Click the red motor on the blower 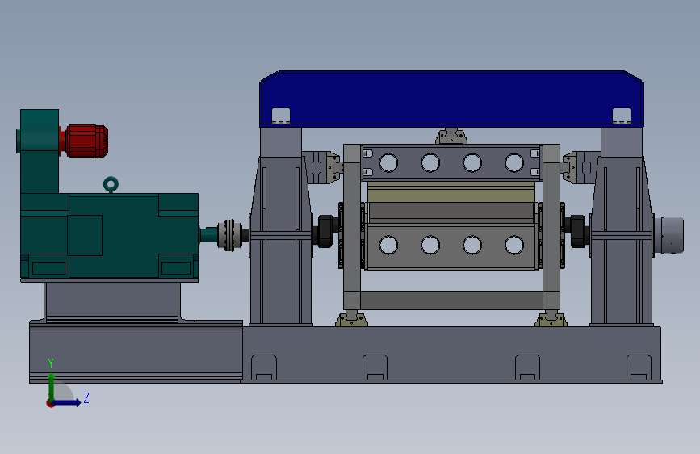tap(86, 141)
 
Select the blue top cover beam tap(451, 99)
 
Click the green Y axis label tap(51, 363)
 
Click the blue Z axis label tap(86, 397)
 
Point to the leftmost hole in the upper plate tap(388, 162)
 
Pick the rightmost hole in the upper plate tap(514, 162)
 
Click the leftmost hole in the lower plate tap(388, 245)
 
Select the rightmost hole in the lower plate tap(514, 245)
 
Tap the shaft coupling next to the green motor tap(229, 235)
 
